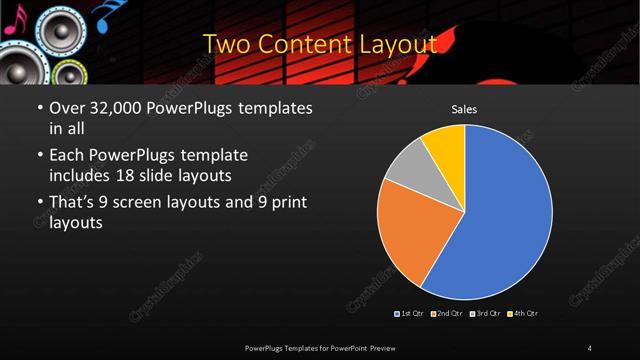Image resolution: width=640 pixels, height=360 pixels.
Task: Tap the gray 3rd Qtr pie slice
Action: pos(408,168)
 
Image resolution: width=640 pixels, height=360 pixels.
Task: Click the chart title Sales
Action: pos(464,109)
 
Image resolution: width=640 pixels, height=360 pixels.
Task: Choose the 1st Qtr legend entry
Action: pos(410,314)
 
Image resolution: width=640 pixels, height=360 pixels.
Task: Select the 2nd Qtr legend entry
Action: pos(447,314)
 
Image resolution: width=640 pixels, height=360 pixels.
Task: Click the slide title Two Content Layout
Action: pos(320,44)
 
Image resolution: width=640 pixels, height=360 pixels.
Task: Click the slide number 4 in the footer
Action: pos(590,347)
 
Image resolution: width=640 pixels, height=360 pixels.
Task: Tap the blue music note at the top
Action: pos(102,12)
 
